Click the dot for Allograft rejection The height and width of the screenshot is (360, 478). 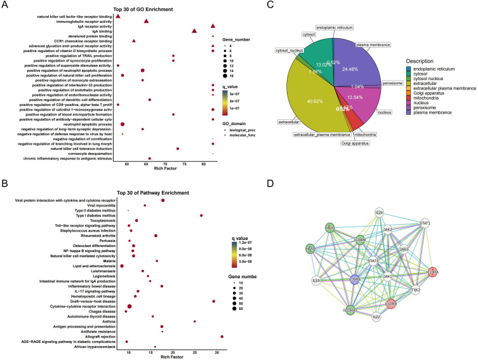coord(222,337)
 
